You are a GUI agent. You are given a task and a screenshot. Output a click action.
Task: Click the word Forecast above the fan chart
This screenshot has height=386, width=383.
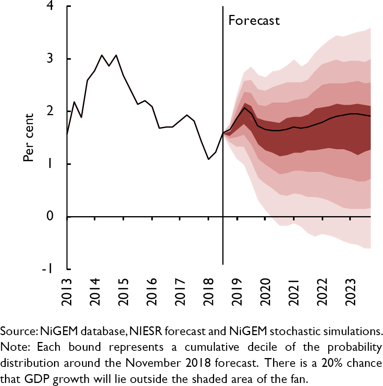click(254, 20)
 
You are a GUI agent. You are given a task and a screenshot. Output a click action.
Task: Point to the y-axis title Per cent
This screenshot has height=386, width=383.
click(29, 137)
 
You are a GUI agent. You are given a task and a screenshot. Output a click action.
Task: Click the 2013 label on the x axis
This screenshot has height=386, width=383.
click(67, 290)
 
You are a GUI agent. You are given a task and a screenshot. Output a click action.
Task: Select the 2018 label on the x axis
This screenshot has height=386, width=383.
click(209, 290)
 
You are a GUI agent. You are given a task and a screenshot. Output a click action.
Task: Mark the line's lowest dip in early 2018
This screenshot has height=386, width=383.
click(208, 159)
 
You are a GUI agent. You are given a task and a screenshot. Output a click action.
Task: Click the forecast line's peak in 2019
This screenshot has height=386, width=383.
click(244, 108)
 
